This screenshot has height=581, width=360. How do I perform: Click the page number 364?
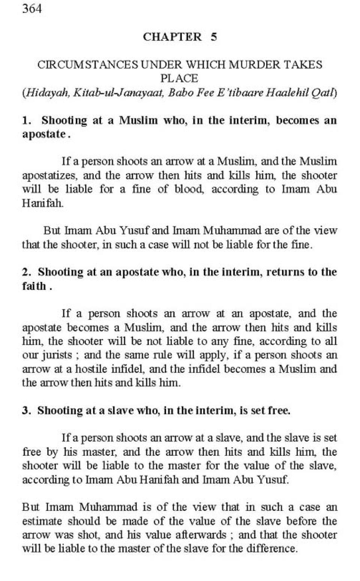32,8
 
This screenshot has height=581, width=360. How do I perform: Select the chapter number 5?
213,37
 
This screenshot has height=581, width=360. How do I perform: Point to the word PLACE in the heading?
179,78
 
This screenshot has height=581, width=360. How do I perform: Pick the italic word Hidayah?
47,93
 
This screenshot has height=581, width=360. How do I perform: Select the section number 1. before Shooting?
26,120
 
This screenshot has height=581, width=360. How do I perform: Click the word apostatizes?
50,175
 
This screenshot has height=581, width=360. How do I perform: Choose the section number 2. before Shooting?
26,272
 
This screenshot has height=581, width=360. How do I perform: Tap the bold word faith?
34,286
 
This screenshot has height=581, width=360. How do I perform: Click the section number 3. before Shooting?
26,410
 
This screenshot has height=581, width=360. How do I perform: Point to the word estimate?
42,521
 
